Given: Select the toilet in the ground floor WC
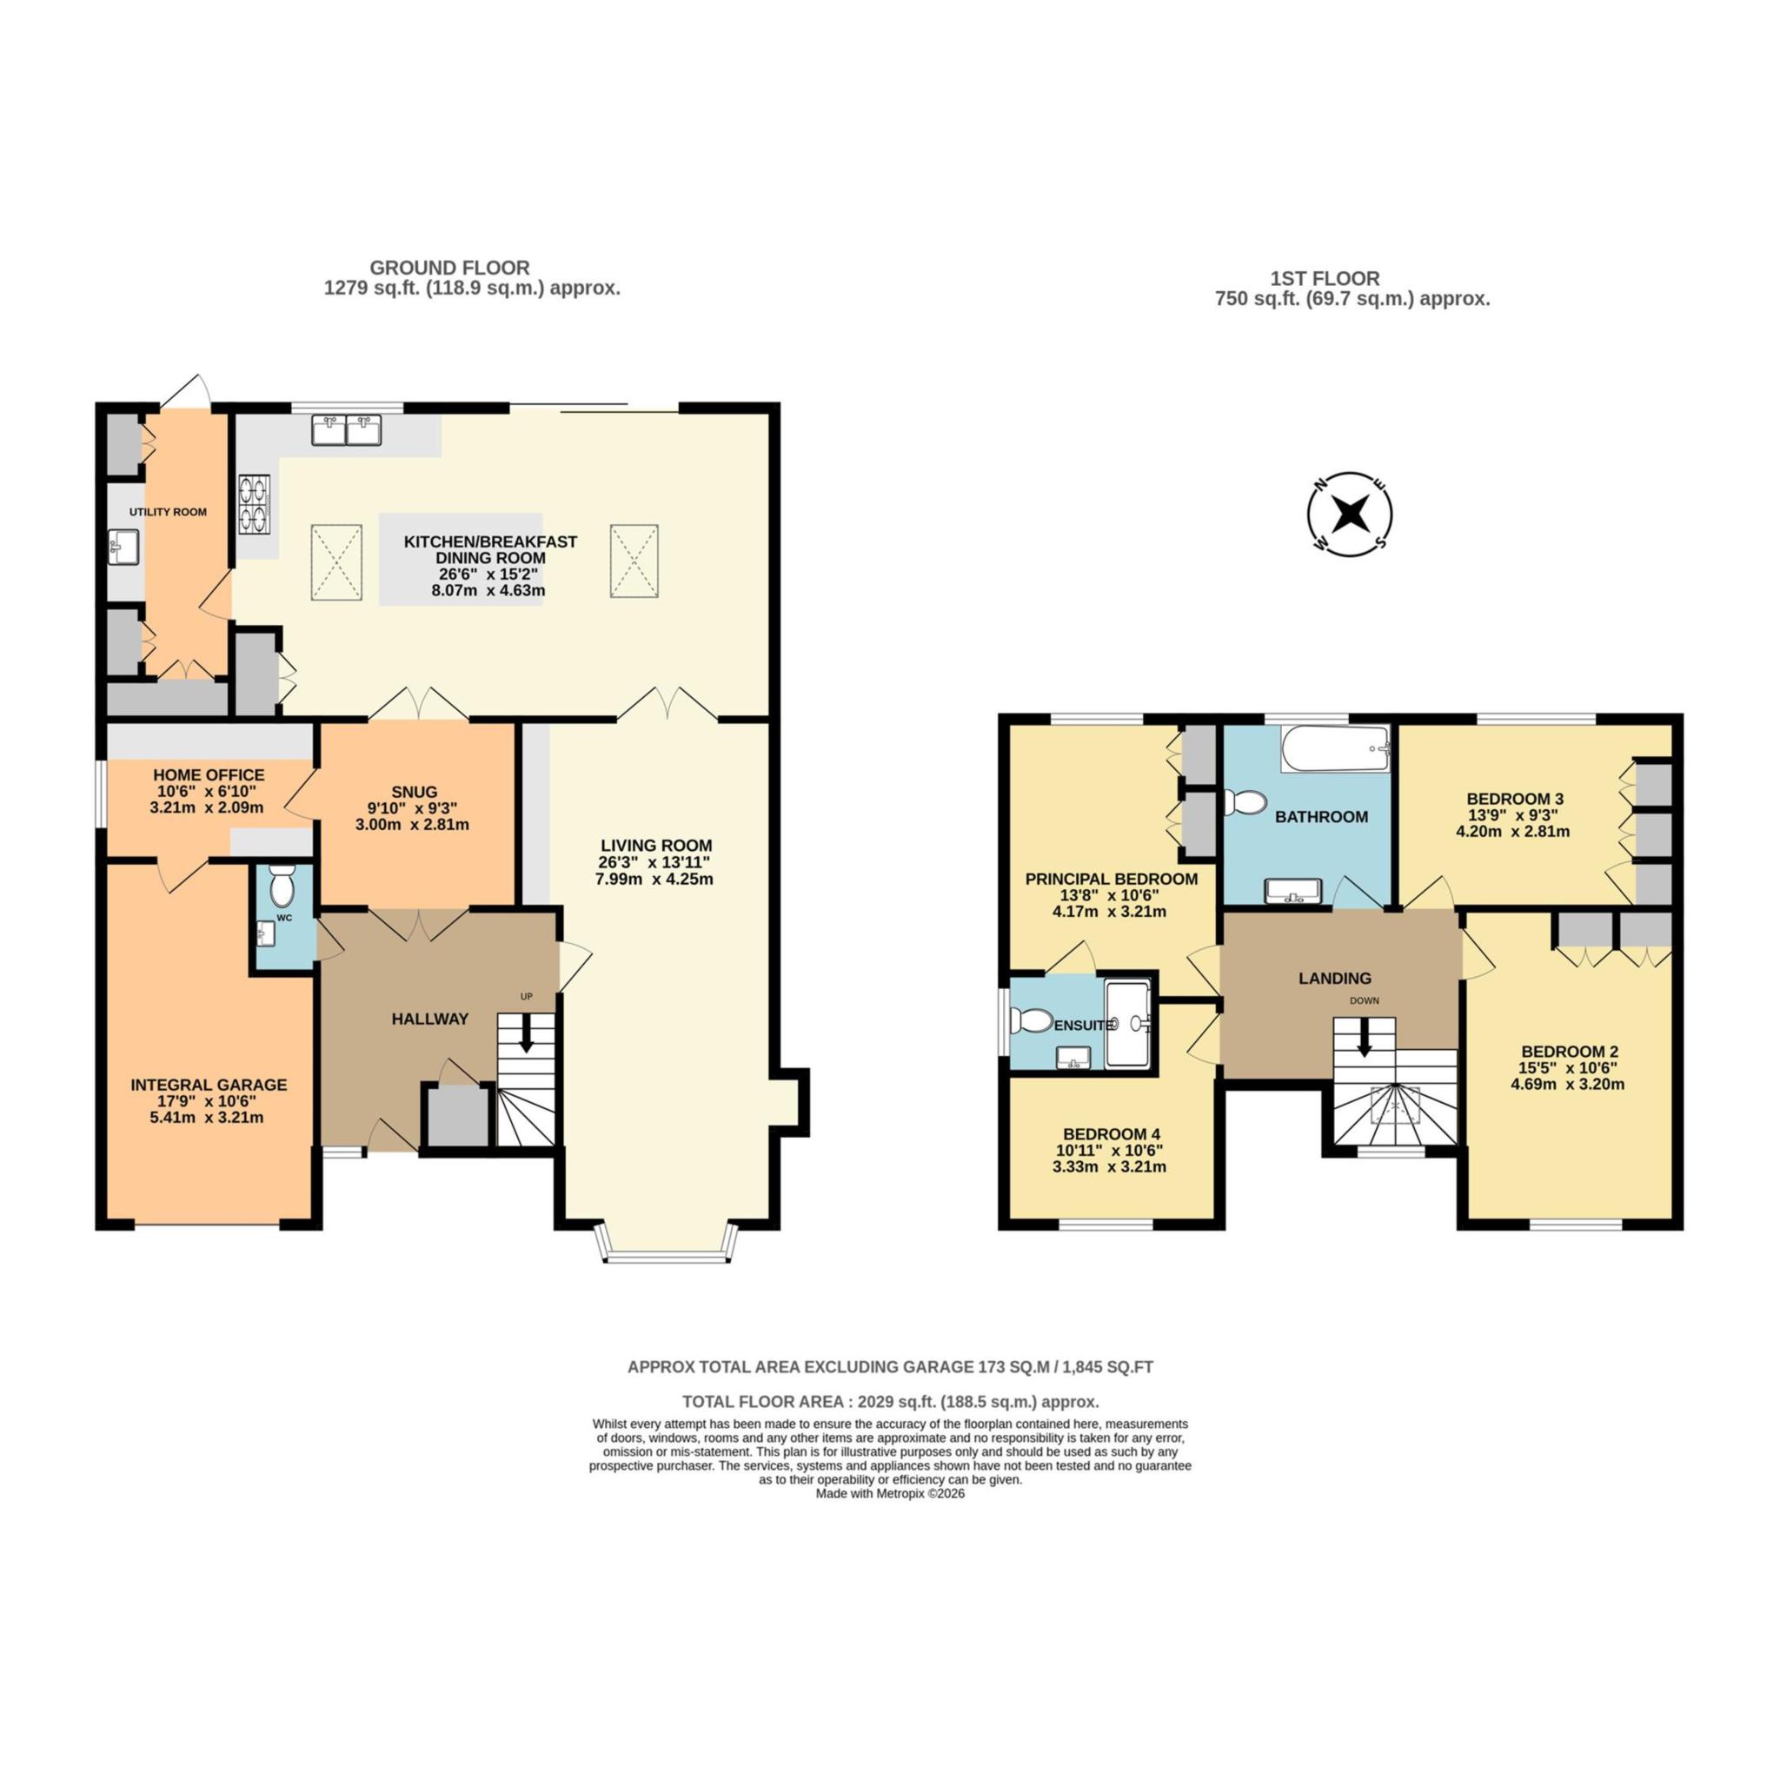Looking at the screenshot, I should (281, 888).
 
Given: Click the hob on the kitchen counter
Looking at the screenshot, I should (256, 504).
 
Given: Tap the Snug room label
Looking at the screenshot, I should (414, 792).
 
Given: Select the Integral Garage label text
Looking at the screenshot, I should (209, 1085).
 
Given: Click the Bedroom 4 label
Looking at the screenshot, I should (1111, 1133).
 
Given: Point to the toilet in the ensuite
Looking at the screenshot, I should (1032, 1021).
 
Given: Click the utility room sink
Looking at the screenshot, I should (123, 547).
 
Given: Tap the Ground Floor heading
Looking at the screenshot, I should (449, 268).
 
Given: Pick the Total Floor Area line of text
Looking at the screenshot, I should (890, 1401).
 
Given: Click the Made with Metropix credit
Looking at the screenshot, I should (890, 1493).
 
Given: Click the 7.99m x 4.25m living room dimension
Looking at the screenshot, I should (654, 879).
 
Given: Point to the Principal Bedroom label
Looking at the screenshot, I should (1111, 879).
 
